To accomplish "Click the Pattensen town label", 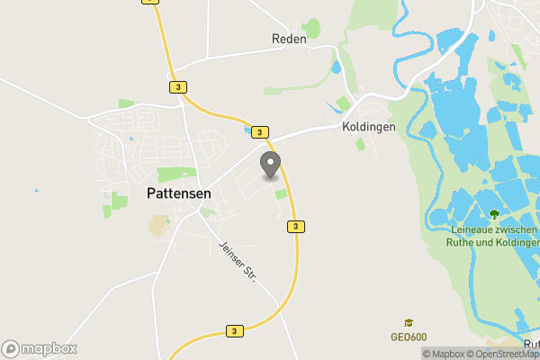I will (x=180, y=192).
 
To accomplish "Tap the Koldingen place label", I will (x=369, y=127).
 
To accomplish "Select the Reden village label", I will (x=289, y=39).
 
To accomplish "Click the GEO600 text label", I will (x=408, y=337).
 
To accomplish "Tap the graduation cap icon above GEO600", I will (x=408, y=322).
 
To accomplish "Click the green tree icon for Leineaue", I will (x=493, y=214).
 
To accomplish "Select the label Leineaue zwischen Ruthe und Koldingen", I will (x=492, y=236).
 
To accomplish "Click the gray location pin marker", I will (x=270, y=166).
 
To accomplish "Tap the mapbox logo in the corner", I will (x=39, y=348).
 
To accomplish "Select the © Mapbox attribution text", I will (x=445, y=354).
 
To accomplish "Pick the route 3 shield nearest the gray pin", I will (x=260, y=132).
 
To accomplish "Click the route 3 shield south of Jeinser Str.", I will (x=234, y=331).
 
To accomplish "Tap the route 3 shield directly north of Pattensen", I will (x=177, y=86).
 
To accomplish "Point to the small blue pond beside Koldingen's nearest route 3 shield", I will (x=247, y=130).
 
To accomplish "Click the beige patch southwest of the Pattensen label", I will (x=158, y=225).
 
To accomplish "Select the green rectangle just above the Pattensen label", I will (x=176, y=174).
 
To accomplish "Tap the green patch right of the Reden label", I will (x=312, y=28).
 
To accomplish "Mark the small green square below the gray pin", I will (x=281, y=193).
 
